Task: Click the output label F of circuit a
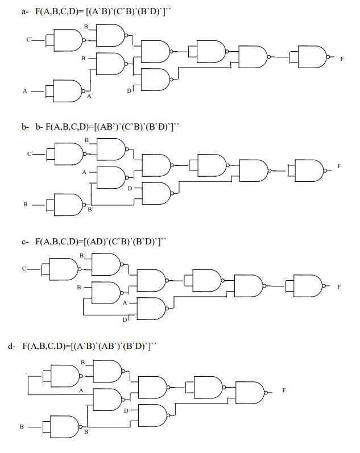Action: tap(342, 59)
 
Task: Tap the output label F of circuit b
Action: tap(339, 166)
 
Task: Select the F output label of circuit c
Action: tap(339, 287)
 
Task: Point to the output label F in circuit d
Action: tap(284, 390)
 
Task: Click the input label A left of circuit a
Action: tap(24, 90)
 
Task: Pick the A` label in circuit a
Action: tap(90, 97)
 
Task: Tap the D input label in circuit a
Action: tap(129, 91)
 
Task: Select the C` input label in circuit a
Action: tap(29, 40)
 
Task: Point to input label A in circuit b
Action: tap(84, 172)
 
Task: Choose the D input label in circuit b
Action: tap(130, 188)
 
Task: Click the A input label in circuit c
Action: tap(125, 303)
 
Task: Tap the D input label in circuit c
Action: tap(125, 319)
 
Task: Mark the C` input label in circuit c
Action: tap(25, 268)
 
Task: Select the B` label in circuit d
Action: tap(86, 433)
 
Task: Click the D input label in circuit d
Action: tap(126, 410)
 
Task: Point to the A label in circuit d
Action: tap(81, 390)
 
